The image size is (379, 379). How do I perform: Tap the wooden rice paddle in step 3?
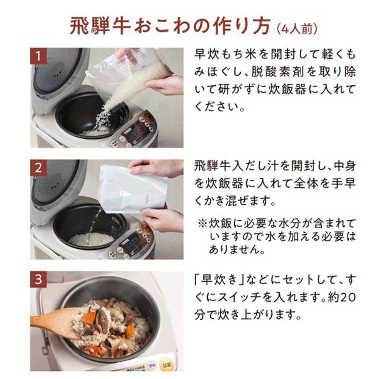click(x=57, y=320)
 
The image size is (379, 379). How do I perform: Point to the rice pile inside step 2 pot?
click(x=91, y=239)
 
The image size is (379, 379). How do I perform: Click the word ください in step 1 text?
click(x=218, y=108)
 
